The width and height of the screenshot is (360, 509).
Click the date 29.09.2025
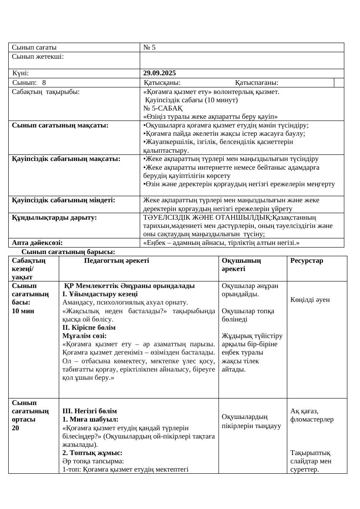tap(159, 73)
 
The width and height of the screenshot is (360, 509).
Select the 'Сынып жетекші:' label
tap(38, 56)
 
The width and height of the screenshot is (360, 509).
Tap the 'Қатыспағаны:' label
tap(256, 83)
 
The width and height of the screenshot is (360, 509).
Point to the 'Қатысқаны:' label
tap(162, 83)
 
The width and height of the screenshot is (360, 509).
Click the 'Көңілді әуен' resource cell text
tap(310, 299)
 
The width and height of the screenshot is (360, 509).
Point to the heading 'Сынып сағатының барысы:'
tap(68, 252)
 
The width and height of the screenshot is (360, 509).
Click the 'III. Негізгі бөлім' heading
tap(90, 411)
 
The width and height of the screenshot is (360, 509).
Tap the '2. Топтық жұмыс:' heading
tap(92, 453)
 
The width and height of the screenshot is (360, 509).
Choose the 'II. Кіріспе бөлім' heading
tap(89, 328)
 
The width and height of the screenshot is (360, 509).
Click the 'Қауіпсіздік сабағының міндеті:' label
tap(64, 200)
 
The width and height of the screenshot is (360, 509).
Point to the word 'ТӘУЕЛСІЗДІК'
tap(165, 217)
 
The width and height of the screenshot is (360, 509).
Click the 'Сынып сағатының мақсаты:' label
tap(60, 125)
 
